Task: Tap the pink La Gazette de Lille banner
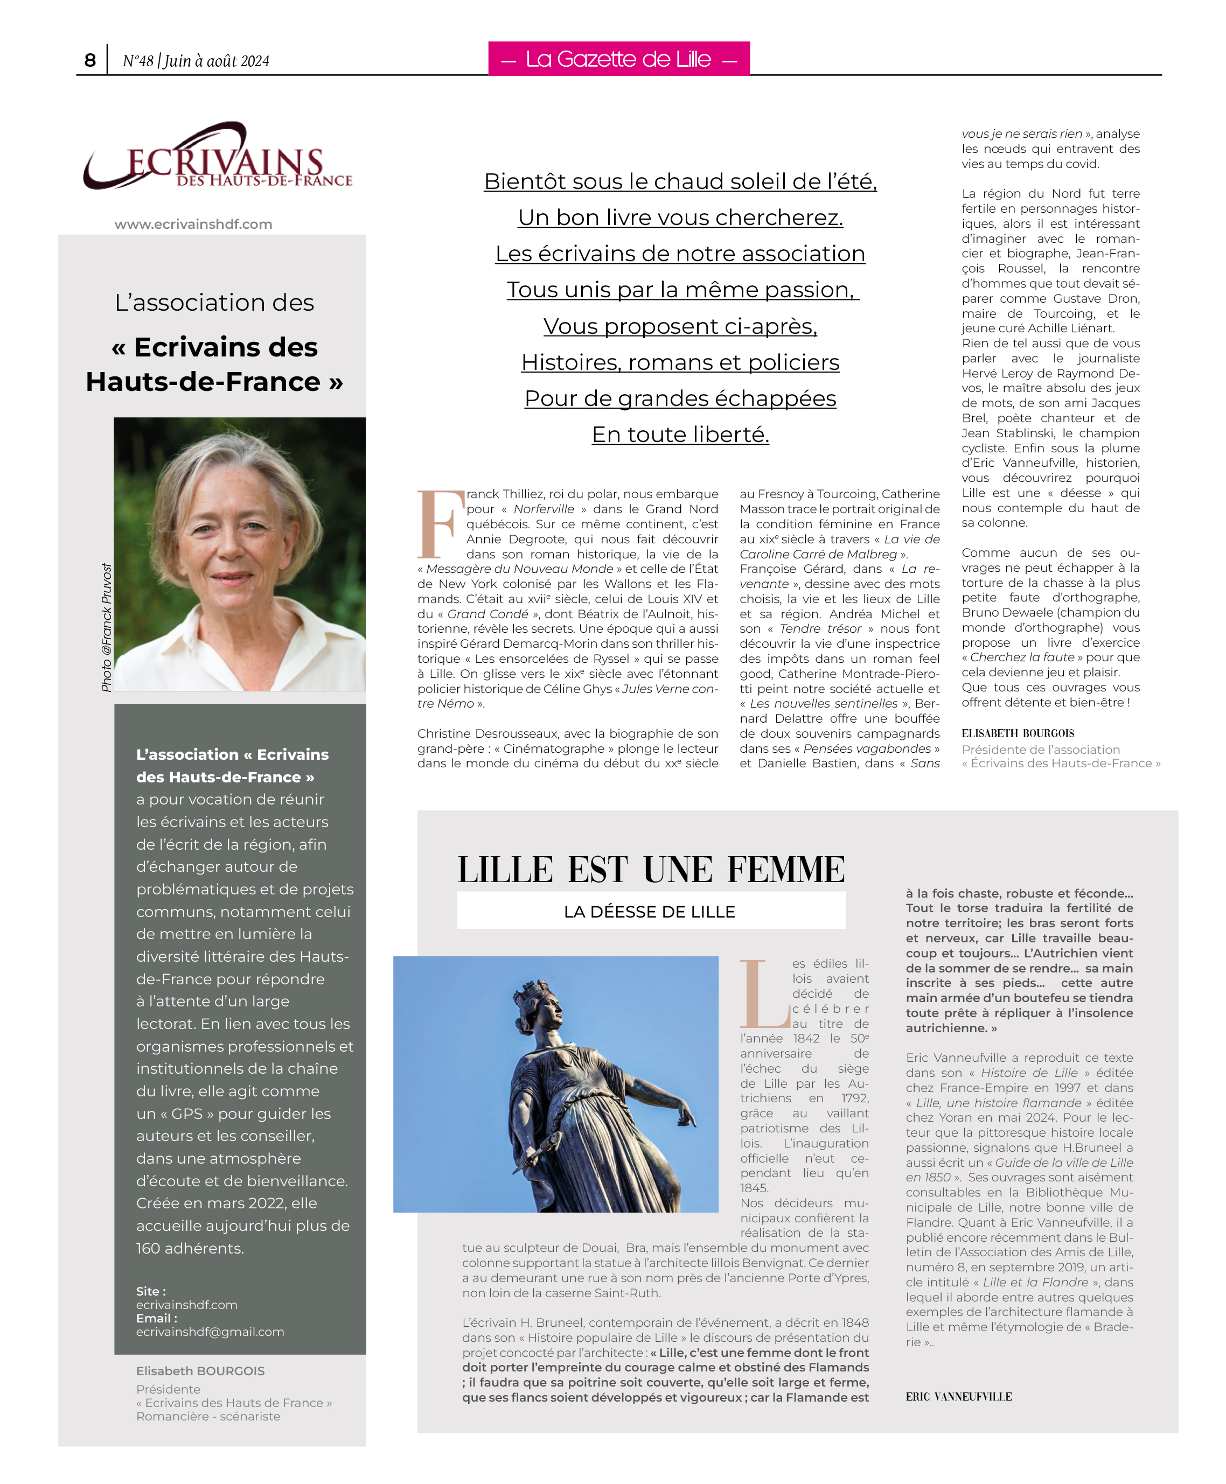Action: pos(618,59)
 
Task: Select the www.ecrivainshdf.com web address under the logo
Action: pos(193,225)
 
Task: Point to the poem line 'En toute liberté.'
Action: pos(680,434)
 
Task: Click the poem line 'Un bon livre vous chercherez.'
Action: pos(680,218)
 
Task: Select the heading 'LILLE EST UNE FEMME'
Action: pos(651,869)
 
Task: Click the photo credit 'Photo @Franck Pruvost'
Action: pos(107,627)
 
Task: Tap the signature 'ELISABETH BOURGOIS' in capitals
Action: pos(1018,733)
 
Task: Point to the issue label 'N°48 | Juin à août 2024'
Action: pos(196,61)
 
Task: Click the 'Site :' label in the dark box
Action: pos(150,1291)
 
